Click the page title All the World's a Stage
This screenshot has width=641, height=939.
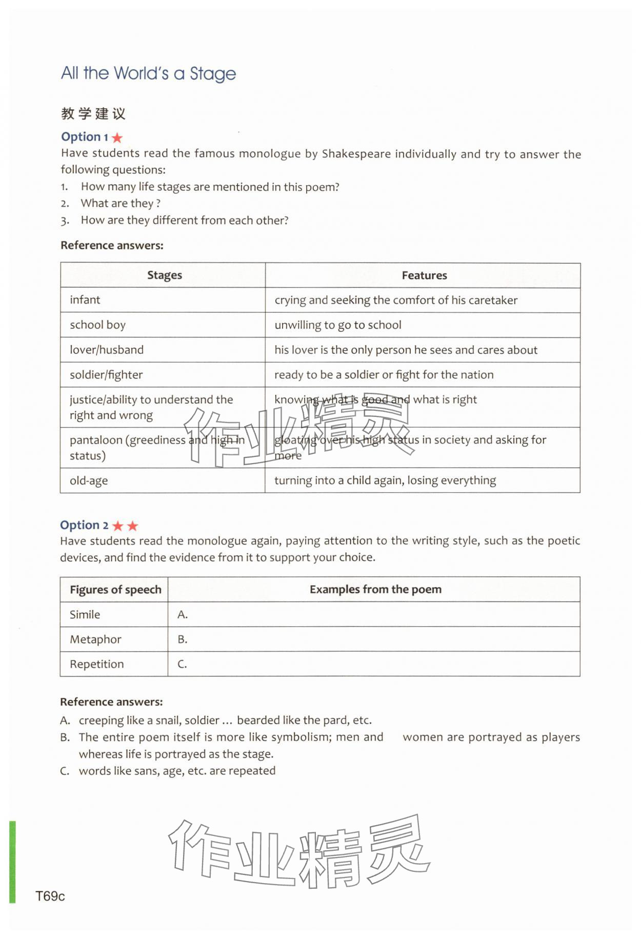pos(148,73)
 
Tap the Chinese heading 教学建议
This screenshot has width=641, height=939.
pos(93,113)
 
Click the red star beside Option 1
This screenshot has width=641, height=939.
pos(117,137)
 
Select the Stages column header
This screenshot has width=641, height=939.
pos(164,275)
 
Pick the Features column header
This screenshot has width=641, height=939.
pos(424,275)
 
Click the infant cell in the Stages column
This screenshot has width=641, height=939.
pos(85,300)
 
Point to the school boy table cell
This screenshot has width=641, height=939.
pos(97,325)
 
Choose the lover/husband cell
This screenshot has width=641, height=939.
pos(107,350)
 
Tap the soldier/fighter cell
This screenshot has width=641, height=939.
pos(106,375)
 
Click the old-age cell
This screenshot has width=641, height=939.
pos(89,481)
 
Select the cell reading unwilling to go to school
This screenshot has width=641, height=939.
pos(337,325)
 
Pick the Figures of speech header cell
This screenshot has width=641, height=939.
pos(115,590)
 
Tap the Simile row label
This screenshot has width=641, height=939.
pos(85,614)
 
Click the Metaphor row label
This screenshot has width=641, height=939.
pos(95,640)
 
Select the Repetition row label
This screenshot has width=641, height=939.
pos(97,664)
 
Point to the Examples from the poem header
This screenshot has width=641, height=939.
pos(375,590)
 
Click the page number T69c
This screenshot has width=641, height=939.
pos(50,896)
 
